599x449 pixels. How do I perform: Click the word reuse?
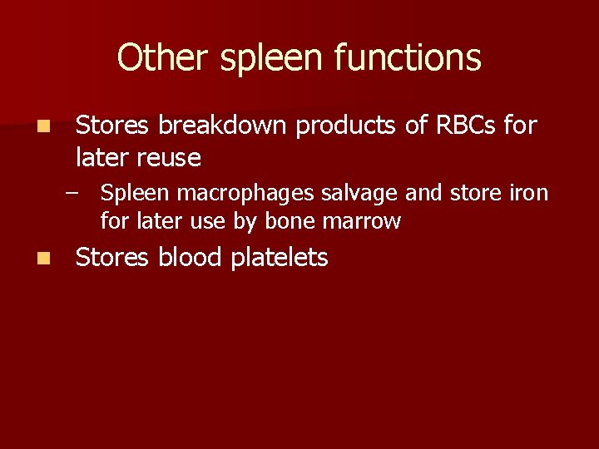click(x=171, y=156)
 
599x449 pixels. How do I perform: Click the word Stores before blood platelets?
click(x=112, y=258)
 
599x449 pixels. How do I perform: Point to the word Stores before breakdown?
click(x=112, y=126)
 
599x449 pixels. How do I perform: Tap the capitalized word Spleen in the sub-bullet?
click(x=129, y=195)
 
